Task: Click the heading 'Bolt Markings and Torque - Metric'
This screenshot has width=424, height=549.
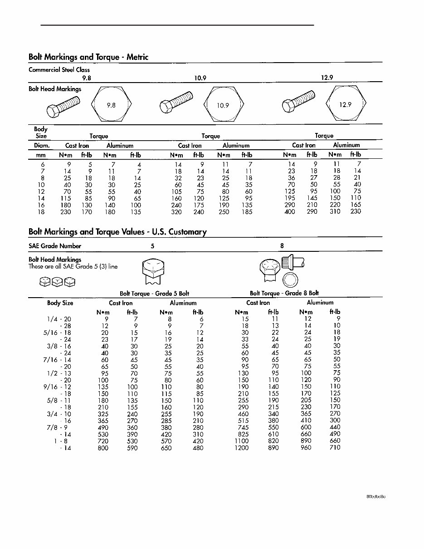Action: tap(88, 57)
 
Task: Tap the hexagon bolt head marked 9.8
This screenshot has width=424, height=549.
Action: tap(112, 105)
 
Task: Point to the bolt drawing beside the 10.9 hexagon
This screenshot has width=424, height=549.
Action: tap(177, 102)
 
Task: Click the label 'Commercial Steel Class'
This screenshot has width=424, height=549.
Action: tap(59, 70)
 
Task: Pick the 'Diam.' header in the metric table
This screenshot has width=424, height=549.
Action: tap(42, 146)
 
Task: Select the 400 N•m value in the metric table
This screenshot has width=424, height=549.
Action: tap(289, 212)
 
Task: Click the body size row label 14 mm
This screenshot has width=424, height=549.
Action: tap(41, 198)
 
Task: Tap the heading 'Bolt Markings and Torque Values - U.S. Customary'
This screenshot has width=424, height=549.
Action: tap(117, 232)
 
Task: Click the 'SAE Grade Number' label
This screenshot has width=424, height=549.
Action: tap(55, 246)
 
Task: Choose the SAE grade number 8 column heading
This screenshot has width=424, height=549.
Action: tap(282, 246)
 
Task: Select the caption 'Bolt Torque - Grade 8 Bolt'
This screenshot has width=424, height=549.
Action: tap(284, 293)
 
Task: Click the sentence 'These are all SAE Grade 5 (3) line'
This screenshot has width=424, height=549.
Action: tap(73, 266)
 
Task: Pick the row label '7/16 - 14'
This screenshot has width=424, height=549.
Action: tap(59, 359)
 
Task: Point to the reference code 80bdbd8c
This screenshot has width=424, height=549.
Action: tap(376, 496)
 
